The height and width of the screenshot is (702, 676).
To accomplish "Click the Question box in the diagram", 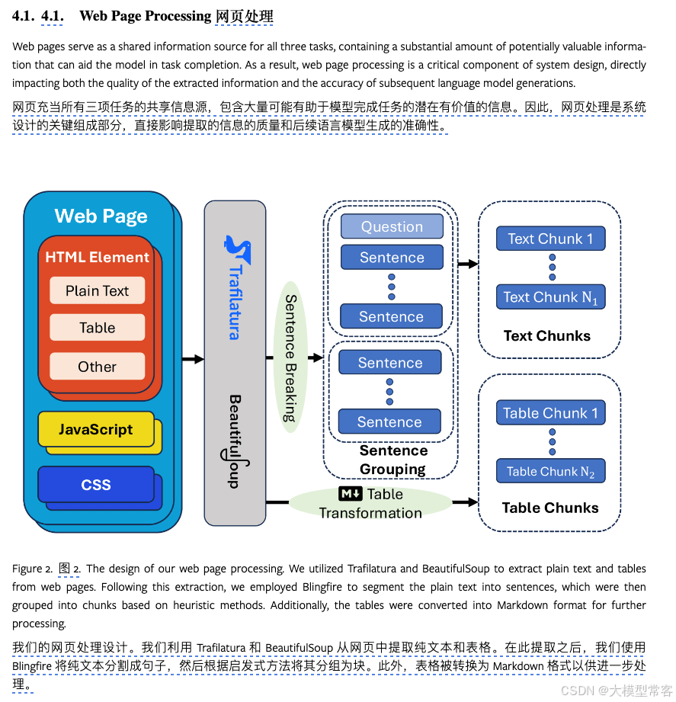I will tap(392, 226).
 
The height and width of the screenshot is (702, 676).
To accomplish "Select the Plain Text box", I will tap(97, 290).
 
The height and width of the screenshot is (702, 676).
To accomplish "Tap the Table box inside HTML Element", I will tap(97, 328).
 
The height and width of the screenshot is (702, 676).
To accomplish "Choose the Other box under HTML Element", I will tap(97, 367).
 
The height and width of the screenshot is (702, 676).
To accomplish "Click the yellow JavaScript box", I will tap(96, 430).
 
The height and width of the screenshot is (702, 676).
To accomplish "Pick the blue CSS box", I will tap(96, 485).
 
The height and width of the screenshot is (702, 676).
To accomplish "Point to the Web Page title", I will tap(101, 216).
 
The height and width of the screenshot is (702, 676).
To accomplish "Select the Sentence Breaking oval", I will tap(290, 357).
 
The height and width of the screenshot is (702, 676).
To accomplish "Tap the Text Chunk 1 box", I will tap(550, 239).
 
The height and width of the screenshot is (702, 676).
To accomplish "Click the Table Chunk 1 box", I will tap(550, 413).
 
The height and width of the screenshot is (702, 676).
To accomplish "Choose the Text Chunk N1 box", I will tap(550, 297).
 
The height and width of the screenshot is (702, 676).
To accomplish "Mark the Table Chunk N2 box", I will tap(550, 472).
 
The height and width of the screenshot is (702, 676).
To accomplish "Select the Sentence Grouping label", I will tap(393, 460).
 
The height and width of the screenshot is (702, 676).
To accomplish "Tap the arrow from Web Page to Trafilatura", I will tap(193, 358).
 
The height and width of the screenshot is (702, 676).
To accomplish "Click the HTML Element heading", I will tap(97, 258).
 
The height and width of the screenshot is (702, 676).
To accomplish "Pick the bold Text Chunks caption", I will tap(547, 336).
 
